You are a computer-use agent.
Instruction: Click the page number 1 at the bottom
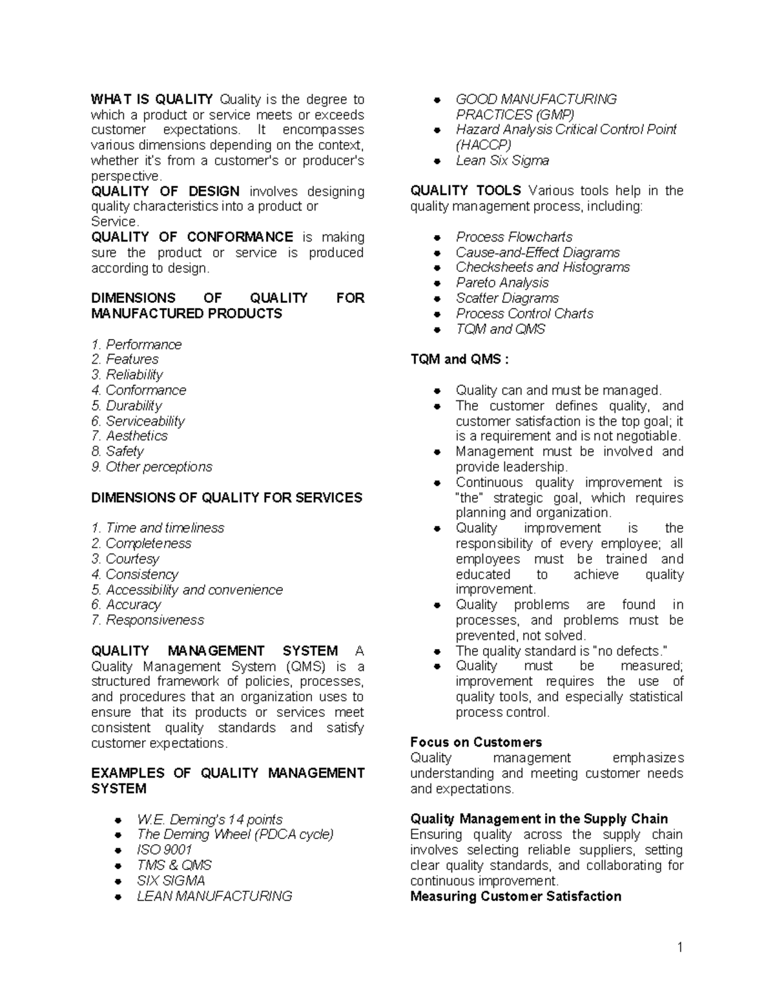pos(679,947)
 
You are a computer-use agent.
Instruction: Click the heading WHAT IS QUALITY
pos(152,99)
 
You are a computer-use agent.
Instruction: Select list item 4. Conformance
pos(139,390)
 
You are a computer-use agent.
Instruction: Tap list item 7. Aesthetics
pos(129,436)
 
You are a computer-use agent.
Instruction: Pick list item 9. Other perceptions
pos(152,467)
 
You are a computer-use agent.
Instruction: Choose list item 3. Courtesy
pos(125,559)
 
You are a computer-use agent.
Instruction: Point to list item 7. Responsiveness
pos(148,620)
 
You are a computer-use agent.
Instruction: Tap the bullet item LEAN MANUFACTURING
pos(214,896)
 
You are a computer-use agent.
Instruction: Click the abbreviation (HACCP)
pos(484,145)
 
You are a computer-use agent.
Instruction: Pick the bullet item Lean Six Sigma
pos(502,161)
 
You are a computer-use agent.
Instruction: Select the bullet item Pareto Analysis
pos(502,283)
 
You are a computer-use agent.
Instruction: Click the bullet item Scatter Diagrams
pos(507,298)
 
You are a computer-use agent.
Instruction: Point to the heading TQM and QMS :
pos(459,360)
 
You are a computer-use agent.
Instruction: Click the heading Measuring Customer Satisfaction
pos(515,896)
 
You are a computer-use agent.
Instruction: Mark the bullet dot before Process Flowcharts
pos(437,238)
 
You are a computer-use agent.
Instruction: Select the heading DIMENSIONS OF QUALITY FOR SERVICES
pos(227,498)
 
